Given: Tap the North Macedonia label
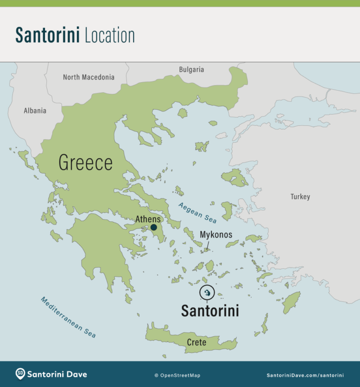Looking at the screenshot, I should coord(89,77).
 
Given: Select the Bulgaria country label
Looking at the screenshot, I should coord(191,69).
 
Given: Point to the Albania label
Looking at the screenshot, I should coord(35,111).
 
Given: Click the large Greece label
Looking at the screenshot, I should coord(85,163).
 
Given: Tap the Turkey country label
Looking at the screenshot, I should coord(300,197).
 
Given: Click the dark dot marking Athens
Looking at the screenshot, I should coord(154,228).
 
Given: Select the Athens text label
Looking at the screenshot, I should coord(148,219).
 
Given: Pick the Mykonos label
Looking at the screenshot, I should coord(216,234).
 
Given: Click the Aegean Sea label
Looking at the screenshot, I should coord(197,212).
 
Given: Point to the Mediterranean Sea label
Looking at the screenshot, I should coord(68,317).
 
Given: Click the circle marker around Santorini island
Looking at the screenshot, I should coord(207,293).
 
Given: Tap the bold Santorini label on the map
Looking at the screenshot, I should coord(210,311).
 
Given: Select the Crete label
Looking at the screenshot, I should coord(196,342).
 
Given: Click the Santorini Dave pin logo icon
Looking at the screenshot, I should coord(20,374).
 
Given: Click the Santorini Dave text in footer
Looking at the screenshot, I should coord(57,374).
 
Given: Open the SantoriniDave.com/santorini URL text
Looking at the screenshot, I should coord(305,375).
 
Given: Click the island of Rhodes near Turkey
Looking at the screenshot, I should coord(291,303).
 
